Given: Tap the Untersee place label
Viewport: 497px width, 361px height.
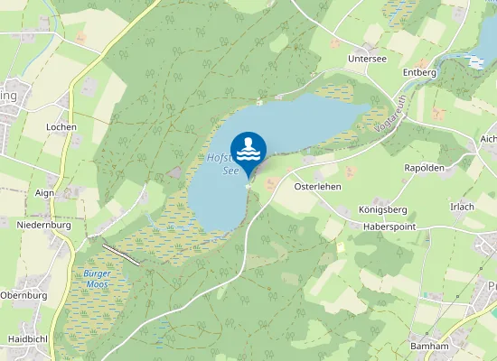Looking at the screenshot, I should (366, 58).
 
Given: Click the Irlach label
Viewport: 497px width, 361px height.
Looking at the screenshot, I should (462, 207).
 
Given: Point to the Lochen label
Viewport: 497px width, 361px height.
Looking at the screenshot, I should (61, 127).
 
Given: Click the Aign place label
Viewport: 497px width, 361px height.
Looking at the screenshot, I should (44, 193).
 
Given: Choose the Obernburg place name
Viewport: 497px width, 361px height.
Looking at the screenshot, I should (23, 295).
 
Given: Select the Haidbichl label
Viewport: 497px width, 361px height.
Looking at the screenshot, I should (27, 339).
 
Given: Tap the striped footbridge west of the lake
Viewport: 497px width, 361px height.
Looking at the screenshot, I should (121, 254).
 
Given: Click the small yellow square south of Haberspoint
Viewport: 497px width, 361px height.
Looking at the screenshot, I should (341, 245).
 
